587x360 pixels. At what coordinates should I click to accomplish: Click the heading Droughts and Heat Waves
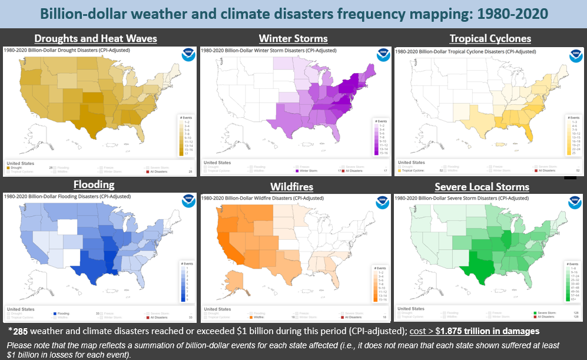[96, 39]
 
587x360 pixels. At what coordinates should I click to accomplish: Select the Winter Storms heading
[293, 39]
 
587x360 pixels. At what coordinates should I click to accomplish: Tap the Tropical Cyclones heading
[490, 39]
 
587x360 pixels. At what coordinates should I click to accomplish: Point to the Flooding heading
[94, 185]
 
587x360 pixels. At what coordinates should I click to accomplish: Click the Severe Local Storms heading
[482, 187]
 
